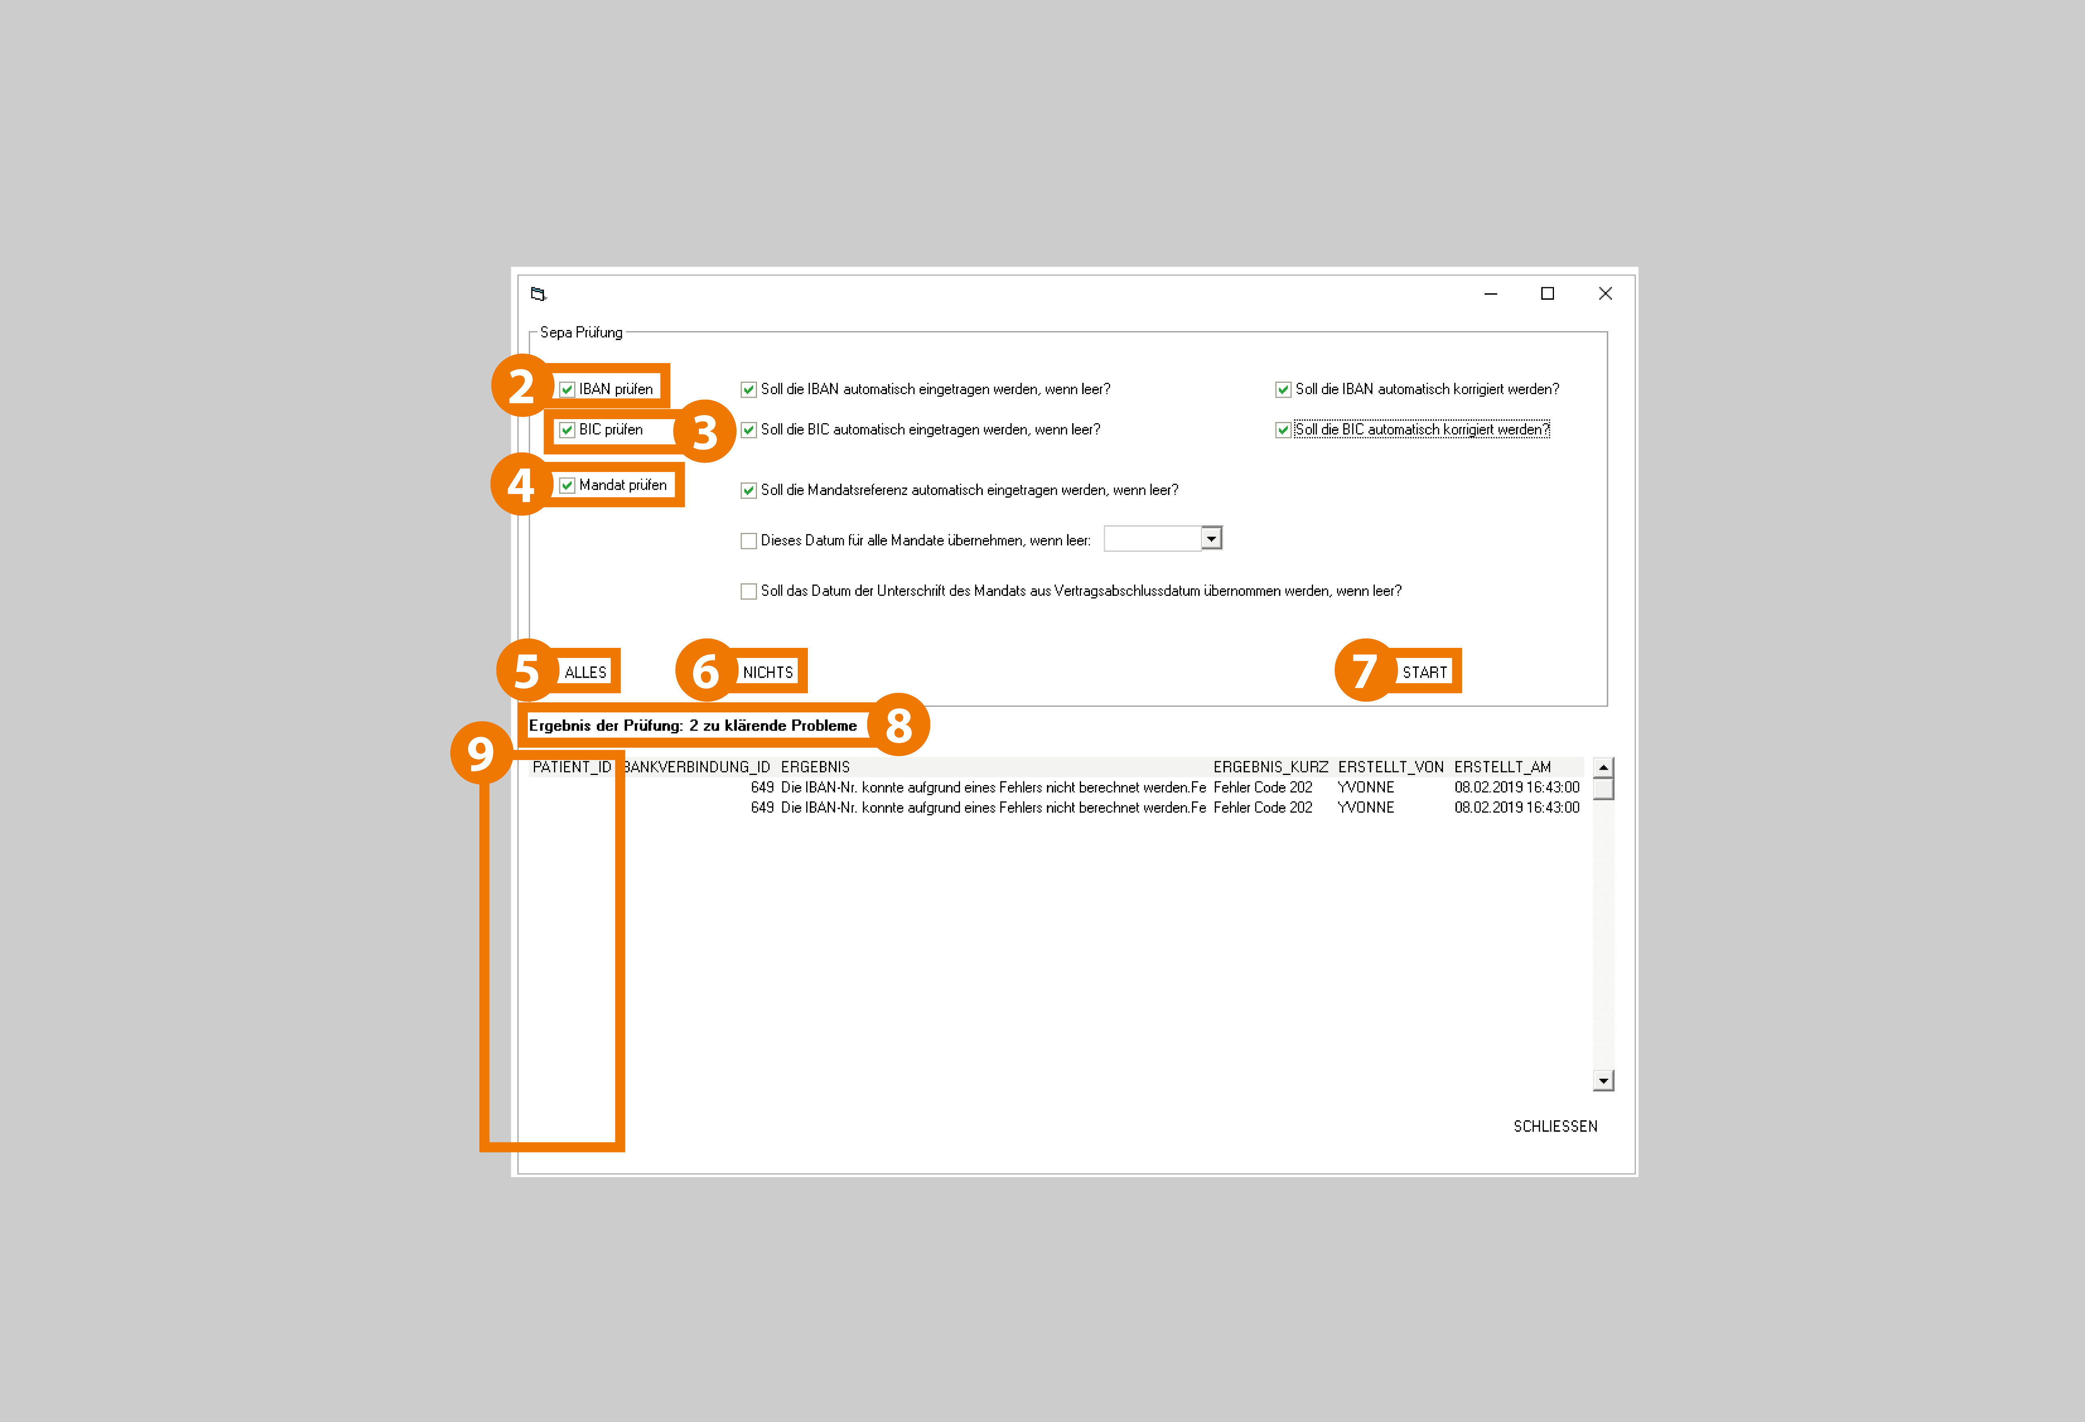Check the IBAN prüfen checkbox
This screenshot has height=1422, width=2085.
point(567,389)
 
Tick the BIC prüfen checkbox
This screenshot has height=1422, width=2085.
point(567,430)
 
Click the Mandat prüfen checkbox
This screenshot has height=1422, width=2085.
point(567,485)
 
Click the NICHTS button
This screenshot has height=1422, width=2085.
point(768,672)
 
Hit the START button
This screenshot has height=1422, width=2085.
point(1425,672)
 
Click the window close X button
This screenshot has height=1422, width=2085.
point(1605,293)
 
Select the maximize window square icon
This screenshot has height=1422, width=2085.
point(1548,293)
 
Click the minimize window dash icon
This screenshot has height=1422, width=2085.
point(1491,294)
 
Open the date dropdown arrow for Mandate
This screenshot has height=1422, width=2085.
point(1211,538)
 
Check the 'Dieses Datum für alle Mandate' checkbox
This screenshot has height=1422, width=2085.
point(748,541)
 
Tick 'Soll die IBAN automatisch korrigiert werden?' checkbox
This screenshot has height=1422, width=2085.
point(1283,389)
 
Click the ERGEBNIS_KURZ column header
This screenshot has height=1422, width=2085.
point(1270,767)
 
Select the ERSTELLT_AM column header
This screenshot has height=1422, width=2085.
point(1503,767)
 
